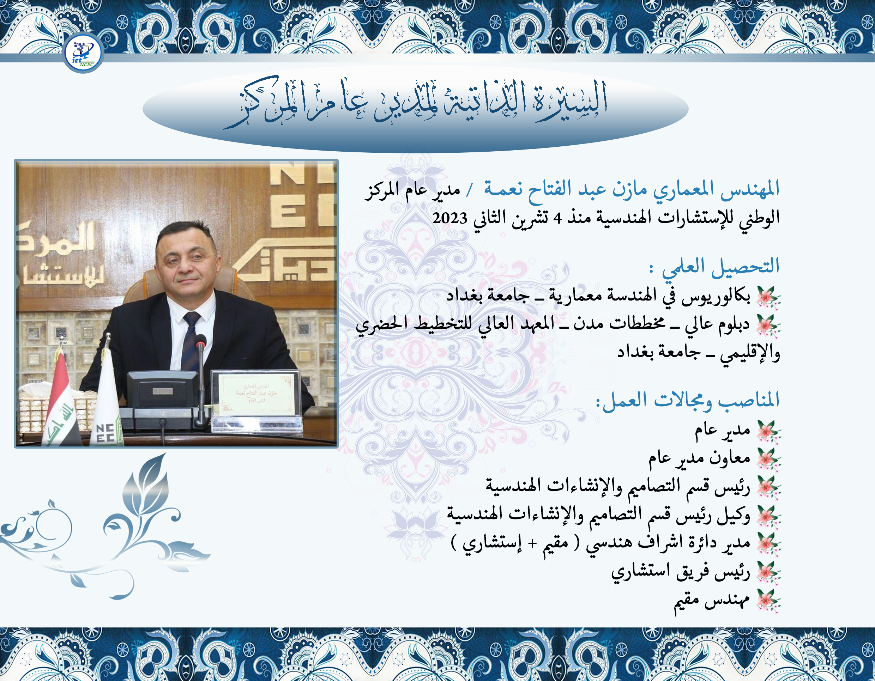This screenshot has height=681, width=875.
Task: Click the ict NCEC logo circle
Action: (83, 53)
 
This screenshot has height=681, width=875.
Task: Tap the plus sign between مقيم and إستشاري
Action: (532, 544)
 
